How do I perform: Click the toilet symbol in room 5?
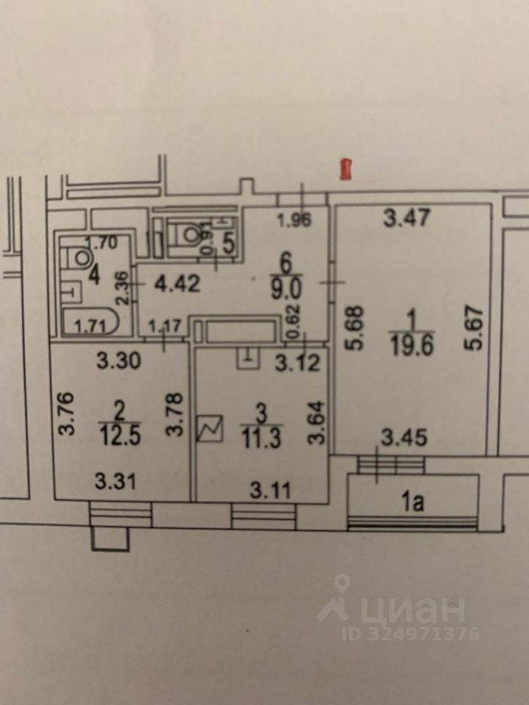pyautogui.click(x=188, y=234)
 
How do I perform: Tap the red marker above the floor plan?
pyautogui.click(x=344, y=169)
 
